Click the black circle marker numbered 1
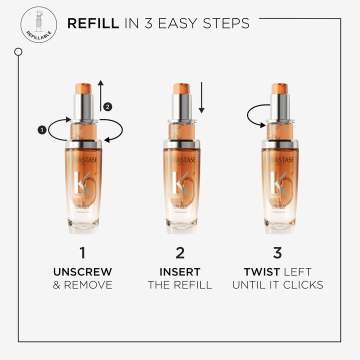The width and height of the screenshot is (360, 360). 42,129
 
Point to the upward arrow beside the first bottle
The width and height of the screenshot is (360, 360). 100,95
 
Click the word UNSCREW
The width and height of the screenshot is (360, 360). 82,272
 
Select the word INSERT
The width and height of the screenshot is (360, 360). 180,272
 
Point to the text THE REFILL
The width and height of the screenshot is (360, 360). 180,285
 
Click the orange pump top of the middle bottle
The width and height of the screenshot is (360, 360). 181,88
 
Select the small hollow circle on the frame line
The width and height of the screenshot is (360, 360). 18,51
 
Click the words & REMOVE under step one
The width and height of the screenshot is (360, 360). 82,285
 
